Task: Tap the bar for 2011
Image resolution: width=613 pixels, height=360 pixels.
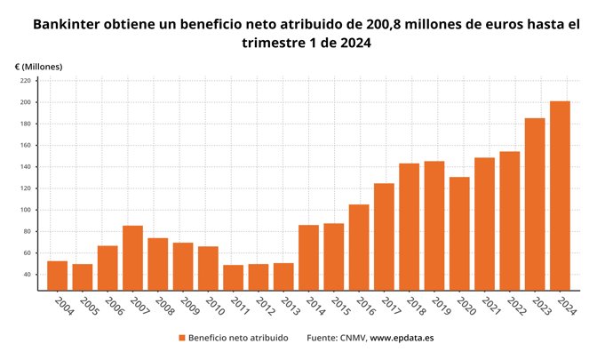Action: [x=233, y=277]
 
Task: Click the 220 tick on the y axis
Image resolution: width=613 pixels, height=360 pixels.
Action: [x=25, y=81]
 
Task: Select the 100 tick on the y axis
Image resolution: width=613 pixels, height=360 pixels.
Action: [x=25, y=210]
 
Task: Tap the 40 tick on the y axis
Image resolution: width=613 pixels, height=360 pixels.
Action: [x=27, y=275]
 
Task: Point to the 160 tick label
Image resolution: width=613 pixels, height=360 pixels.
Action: [x=25, y=146]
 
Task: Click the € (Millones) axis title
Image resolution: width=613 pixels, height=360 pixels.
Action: [x=38, y=67]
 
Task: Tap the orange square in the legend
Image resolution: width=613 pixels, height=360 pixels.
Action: [x=181, y=338]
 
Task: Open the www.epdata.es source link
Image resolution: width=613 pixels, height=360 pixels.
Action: [x=402, y=338]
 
